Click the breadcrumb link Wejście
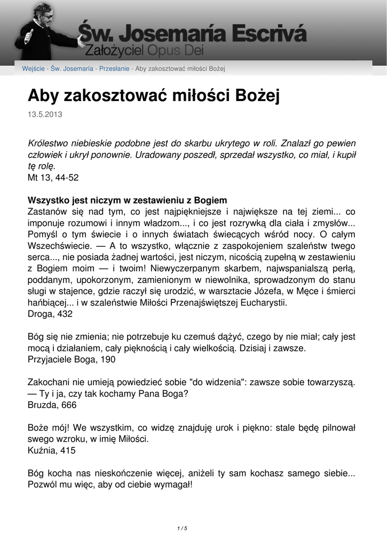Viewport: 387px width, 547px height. pyautogui.click(x=33, y=69)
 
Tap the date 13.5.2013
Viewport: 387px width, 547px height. pyautogui.click(x=45, y=115)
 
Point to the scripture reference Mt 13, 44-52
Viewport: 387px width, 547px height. pyautogui.click(x=53, y=177)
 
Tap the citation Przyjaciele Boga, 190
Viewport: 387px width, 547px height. pyautogui.click(x=71, y=360)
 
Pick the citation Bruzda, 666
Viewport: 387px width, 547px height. pyautogui.click(x=52, y=405)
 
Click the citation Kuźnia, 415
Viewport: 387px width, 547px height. pyautogui.click(x=51, y=450)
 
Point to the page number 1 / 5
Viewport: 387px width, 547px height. pyautogui.click(x=182, y=528)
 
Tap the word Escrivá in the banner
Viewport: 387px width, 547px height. pyautogui.click(x=267, y=33)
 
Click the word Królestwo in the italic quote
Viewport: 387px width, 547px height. pyautogui.click(x=50, y=144)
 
